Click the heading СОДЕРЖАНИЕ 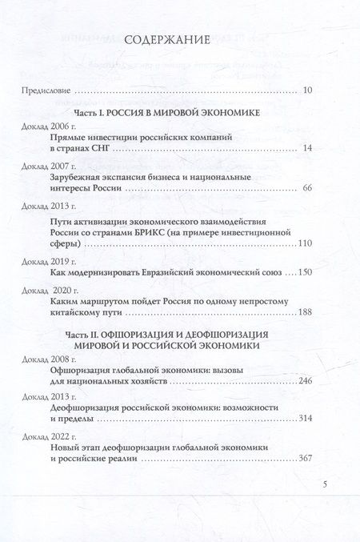pyautogui.click(x=181, y=40)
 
